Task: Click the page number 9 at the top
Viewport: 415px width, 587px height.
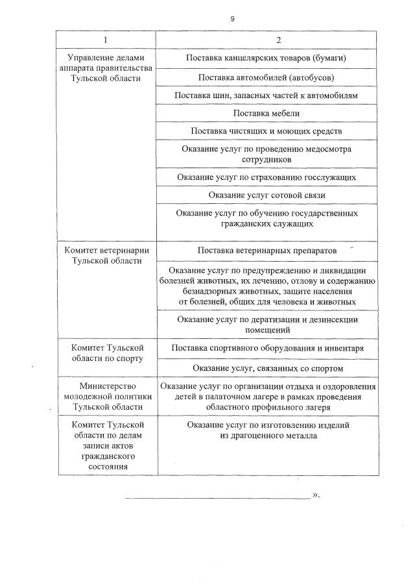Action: pyautogui.click(x=232, y=19)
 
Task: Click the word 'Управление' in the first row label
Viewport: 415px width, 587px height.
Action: pyautogui.click(x=89, y=58)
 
